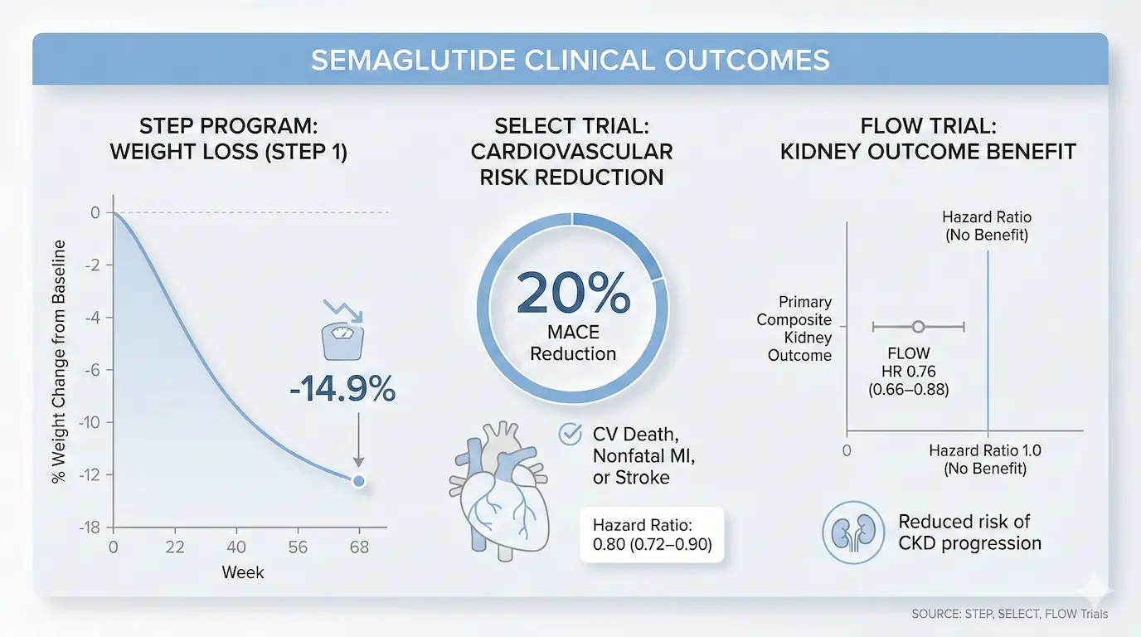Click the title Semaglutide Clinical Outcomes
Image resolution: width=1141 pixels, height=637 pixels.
[x=570, y=61]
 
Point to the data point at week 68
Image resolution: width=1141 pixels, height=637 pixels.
[x=358, y=481]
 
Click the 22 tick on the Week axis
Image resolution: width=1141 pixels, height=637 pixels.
[x=174, y=548]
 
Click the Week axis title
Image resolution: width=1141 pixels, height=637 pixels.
[x=242, y=572]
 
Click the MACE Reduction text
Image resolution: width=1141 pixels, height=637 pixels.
[x=573, y=343]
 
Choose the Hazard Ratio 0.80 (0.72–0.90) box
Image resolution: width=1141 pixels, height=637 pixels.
[x=652, y=535]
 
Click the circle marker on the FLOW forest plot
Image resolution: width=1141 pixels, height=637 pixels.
[x=918, y=328]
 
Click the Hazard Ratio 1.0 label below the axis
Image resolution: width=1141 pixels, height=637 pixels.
[x=984, y=460]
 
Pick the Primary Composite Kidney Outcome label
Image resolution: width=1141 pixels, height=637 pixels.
[x=794, y=328]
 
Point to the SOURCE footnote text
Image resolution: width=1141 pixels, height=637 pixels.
[x=1008, y=614]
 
